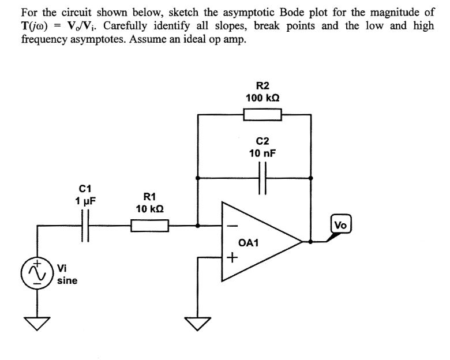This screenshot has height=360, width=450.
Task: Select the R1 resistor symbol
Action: coord(149,225)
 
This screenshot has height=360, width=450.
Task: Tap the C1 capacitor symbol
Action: coord(85,225)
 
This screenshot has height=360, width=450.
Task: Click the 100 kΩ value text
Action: coord(262,98)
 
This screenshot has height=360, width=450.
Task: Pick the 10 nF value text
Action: coord(262,153)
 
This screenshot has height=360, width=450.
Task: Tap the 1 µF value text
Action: coord(85,200)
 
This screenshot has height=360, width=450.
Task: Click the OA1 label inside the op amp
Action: coord(249,243)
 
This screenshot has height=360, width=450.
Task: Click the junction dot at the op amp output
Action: coord(312,242)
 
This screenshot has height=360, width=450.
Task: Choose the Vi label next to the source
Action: coord(61,268)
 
